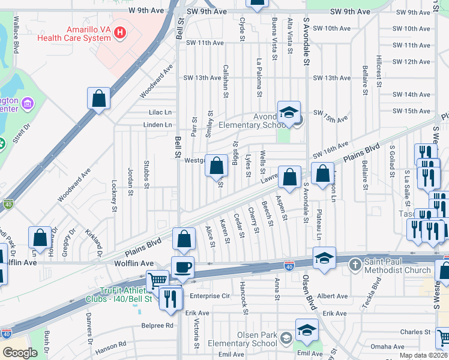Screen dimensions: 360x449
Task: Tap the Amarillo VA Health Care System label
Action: tap(74, 33)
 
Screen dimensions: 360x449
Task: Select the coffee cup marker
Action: tap(182, 266)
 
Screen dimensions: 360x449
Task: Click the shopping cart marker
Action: tap(157, 279)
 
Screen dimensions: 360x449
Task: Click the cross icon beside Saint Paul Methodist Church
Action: tap(356, 264)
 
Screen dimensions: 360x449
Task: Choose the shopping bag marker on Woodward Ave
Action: tap(98, 98)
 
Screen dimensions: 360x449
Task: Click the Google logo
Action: tap(20, 353)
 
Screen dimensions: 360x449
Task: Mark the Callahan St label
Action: tap(226, 78)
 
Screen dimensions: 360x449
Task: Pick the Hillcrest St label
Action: tap(379, 72)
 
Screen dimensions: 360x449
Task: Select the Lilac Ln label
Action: tap(160, 112)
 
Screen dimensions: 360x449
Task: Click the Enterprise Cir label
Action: tap(210, 296)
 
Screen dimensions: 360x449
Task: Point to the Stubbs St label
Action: tap(146, 174)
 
